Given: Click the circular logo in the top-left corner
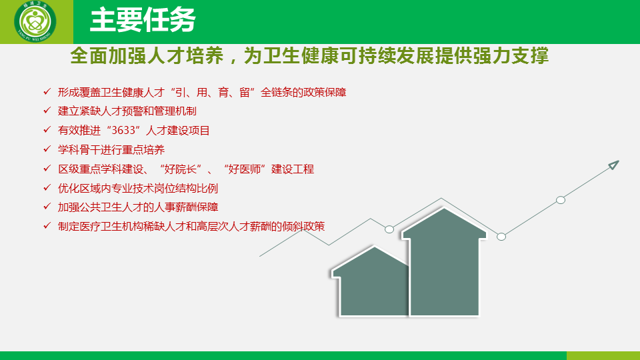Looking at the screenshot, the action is (35, 21).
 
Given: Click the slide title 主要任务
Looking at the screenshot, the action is (143, 19).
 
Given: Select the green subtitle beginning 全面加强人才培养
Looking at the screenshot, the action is (309, 55).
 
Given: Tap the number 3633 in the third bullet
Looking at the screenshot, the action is (123, 131).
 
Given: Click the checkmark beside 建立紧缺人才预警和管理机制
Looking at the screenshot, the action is (47, 110).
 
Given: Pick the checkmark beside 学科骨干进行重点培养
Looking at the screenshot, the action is (47, 149).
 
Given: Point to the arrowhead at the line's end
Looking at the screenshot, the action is (613, 165).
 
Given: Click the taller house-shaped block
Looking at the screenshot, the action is (444, 265).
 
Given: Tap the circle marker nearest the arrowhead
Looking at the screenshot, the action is (561, 200).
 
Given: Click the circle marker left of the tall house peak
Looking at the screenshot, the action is (389, 229).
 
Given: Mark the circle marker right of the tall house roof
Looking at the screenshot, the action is (501, 237).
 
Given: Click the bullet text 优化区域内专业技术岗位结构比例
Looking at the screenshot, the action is (138, 188).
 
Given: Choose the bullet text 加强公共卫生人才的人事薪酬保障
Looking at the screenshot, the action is (138, 207).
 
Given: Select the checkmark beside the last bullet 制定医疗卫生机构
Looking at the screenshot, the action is (47, 225).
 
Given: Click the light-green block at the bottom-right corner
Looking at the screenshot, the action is (603, 355).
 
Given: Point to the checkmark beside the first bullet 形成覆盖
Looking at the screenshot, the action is (47, 91).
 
